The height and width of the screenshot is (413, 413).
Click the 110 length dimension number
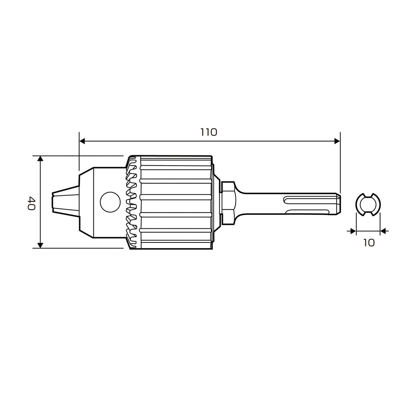click(x=209, y=132)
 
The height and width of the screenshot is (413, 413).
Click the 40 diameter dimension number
click(x=31, y=203)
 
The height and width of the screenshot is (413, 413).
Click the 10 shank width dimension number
click(x=369, y=242)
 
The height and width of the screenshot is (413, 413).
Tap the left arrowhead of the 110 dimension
click(x=82, y=141)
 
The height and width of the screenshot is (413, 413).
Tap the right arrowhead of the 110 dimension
click(x=337, y=141)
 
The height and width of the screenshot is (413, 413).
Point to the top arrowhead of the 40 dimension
click(x=40, y=159)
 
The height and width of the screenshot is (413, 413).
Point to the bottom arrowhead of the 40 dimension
click(x=40, y=245)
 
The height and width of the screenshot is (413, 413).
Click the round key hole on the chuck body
click(x=111, y=202)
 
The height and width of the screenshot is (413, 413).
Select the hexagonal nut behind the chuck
click(x=228, y=203)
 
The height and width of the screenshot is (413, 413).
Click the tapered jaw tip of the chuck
click(x=66, y=202)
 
